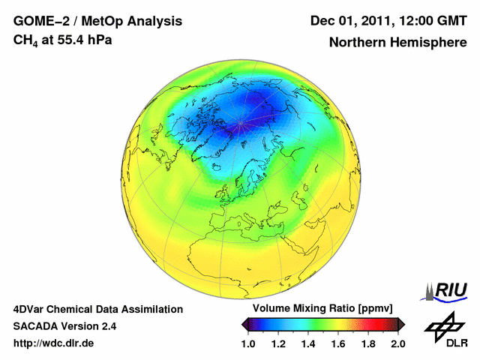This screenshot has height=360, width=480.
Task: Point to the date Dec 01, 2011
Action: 352,20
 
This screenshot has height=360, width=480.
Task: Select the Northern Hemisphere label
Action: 397,43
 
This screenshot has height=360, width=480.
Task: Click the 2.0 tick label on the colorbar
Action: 397,343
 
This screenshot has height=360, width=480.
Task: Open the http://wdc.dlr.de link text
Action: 54,343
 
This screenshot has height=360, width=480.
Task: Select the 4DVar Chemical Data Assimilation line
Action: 98,309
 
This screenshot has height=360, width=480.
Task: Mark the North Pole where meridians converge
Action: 239,123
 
